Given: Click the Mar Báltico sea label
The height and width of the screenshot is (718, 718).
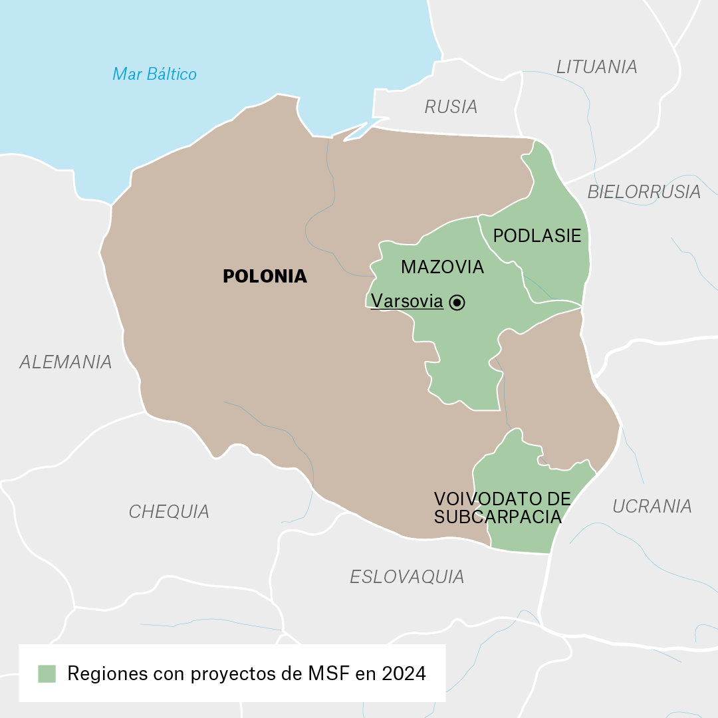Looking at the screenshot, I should click(154, 74).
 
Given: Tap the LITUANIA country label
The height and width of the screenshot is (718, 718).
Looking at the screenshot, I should click(596, 66).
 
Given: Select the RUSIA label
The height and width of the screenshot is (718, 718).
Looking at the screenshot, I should click(451, 106).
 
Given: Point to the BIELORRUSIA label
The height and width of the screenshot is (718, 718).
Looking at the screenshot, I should click(644, 192).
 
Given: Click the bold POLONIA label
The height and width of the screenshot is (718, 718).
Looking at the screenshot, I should click(265, 277).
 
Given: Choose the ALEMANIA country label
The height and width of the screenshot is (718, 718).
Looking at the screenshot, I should click(65, 362).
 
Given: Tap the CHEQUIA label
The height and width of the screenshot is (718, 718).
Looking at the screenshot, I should click(169, 511).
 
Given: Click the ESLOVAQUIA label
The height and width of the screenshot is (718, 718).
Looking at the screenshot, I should click(407, 576).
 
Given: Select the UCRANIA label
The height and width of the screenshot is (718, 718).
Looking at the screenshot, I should click(652, 506).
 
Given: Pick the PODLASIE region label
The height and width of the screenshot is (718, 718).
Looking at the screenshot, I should click(537, 236).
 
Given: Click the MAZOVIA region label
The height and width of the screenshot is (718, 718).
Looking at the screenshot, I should click(442, 267).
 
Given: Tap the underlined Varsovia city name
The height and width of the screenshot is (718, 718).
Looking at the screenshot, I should click(407, 301).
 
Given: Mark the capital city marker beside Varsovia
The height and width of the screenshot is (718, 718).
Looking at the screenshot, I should click(457, 302).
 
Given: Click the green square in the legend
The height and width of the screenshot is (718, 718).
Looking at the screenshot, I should click(47, 673).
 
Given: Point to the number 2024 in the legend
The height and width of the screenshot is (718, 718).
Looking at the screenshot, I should click(404, 673).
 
